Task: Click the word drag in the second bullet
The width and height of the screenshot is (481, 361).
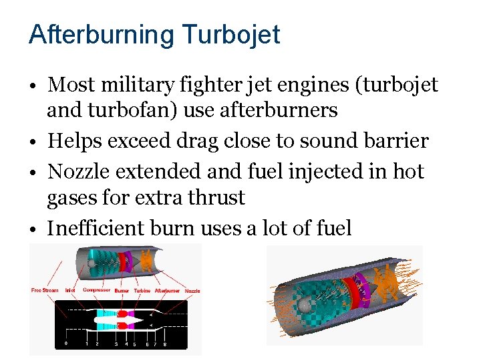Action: pyautogui.click(x=230, y=141)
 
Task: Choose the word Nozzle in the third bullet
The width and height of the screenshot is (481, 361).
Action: pyautogui.click(x=78, y=171)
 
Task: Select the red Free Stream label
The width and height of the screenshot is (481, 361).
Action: pyautogui.click(x=45, y=290)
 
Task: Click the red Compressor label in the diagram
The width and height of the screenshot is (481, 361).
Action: pyautogui.click(x=96, y=290)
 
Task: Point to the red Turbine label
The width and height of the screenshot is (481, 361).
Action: pyautogui.click(x=142, y=290)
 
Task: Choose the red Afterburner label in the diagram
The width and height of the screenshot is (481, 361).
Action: pyautogui.click(x=168, y=290)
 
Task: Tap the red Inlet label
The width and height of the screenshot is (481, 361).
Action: pyautogui.click(x=70, y=290)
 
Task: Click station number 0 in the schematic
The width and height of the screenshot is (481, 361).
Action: pyautogui.click(x=65, y=344)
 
